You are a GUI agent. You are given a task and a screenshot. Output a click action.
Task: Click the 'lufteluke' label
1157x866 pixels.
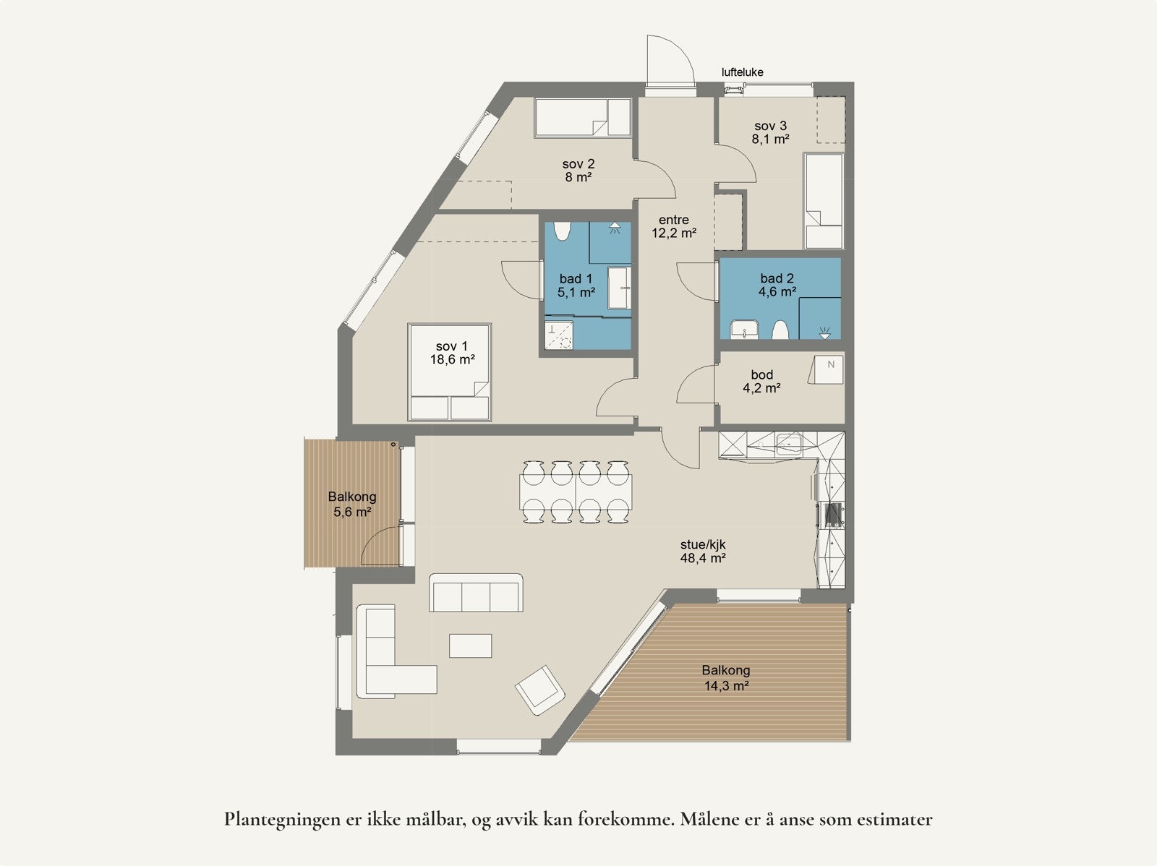[742, 72]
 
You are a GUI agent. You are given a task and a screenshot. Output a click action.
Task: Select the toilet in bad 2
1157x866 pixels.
[780, 330]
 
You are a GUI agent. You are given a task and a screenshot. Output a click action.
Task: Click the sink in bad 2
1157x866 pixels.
[743, 330]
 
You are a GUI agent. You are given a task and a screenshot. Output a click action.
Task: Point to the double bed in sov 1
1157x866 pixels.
[450, 372]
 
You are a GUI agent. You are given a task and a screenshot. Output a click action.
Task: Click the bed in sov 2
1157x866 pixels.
[584, 117]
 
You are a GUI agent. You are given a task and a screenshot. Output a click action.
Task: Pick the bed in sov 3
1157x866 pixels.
[823, 200]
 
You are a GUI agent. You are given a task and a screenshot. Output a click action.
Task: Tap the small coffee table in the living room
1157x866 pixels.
[470, 646]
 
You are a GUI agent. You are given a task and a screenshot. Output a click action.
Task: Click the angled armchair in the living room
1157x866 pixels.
[539, 689]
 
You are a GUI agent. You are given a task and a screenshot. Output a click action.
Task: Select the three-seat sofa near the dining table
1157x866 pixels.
[476, 593]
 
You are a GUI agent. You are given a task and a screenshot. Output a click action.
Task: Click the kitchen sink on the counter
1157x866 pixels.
[788, 442]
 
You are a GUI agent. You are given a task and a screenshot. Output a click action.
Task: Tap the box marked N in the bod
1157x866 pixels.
[829, 369]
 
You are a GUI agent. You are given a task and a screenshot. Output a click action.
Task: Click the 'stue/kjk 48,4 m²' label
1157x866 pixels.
[703, 552]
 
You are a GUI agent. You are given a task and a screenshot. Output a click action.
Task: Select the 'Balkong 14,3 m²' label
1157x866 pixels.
[726, 678]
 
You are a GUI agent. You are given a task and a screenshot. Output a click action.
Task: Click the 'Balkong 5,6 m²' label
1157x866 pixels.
[352, 505]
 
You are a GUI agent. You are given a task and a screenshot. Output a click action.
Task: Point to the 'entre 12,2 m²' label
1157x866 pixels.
[673, 226]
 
